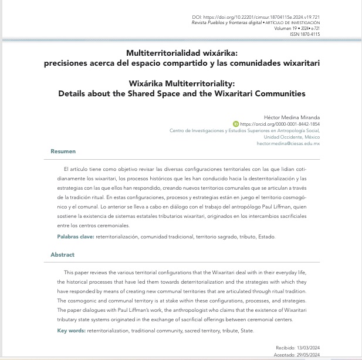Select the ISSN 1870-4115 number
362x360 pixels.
(x=305, y=35)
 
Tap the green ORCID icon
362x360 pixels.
(x=236, y=125)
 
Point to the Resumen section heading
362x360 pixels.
(x=63, y=152)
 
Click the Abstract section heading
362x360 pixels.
(x=62, y=255)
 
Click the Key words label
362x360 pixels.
(x=70, y=331)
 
